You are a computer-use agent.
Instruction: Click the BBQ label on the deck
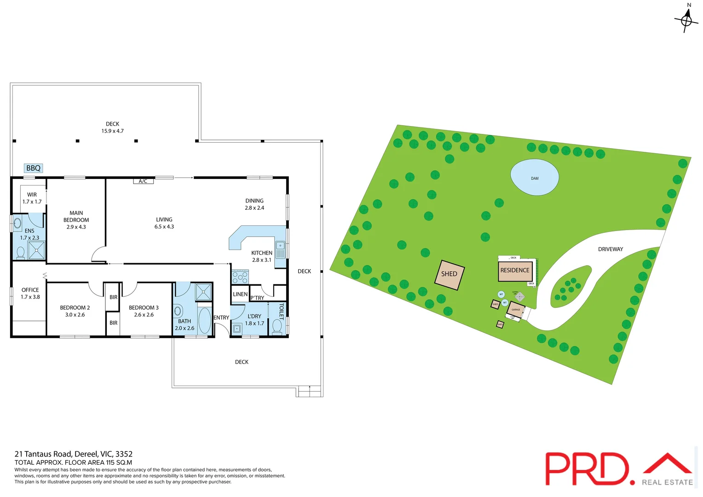pyautogui.click(x=34, y=168)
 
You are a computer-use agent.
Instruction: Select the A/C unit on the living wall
pyautogui.click(x=143, y=181)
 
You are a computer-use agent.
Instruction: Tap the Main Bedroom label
pyautogui.click(x=76, y=220)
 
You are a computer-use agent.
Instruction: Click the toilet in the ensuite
pyautogui.click(x=21, y=253)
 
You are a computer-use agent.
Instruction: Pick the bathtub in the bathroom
pyautogui.click(x=205, y=320)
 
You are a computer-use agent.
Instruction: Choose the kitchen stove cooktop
pyautogui.click(x=240, y=277)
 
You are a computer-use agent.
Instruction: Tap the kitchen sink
pyautogui.click(x=280, y=249)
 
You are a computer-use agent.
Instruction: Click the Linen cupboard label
pyautogui.click(x=240, y=294)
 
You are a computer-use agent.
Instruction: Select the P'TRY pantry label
pyautogui.click(x=257, y=298)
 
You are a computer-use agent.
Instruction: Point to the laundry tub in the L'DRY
pyautogui.click(x=236, y=329)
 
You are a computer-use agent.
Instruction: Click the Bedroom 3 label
pyautogui.click(x=144, y=311)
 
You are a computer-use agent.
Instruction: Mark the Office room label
pyautogui.click(x=30, y=293)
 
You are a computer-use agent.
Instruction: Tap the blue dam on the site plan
pyautogui.click(x=535, y=177)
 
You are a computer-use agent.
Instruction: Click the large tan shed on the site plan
pyautogui.click(x=449, y=274)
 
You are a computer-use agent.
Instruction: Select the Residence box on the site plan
pyautogui.click(x=515, y=271)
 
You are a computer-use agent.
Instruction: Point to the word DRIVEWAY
pyautogui.click(x=611, y=249)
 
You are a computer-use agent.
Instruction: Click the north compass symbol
pyautogui.click(x=686, y=20)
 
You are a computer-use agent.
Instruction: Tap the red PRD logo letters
pyautogui.click(x=587, y=468)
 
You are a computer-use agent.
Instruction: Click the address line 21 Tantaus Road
pyautogui.click(x=74, y=454)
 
